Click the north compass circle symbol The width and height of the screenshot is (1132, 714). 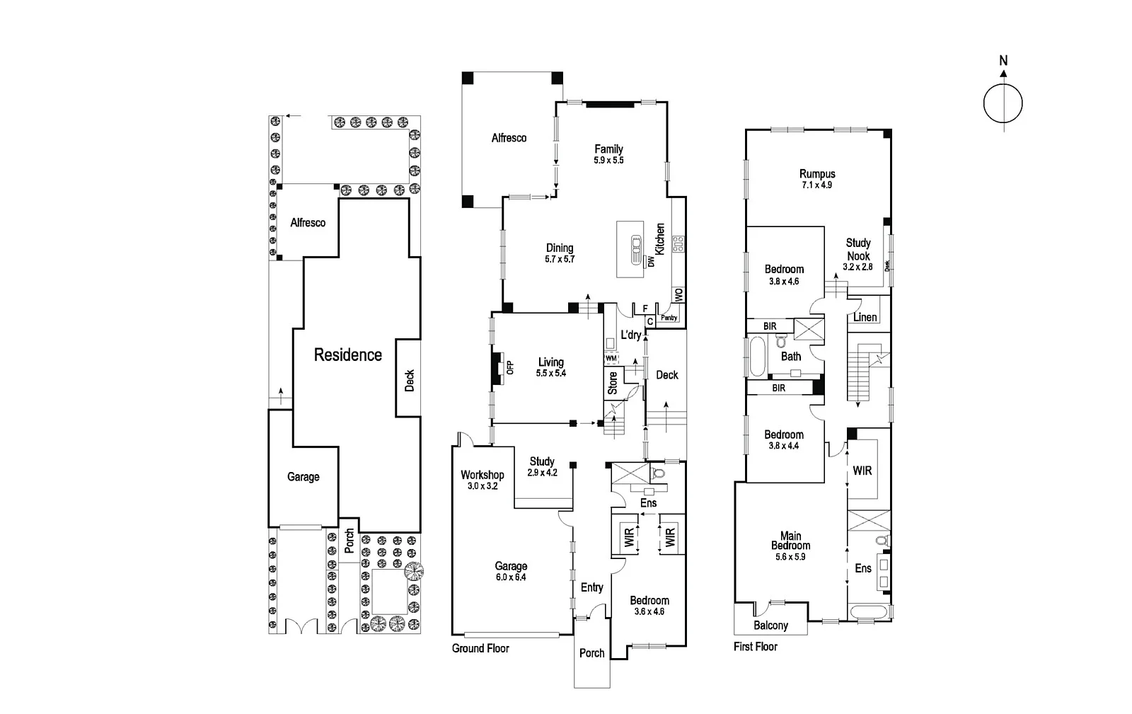(1003, 103)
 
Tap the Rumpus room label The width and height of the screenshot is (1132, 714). (817, 174)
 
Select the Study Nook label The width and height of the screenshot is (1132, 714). (858, 249)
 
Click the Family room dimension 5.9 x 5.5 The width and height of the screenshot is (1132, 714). (608, 161)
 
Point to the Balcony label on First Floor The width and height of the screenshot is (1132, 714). (770, 626)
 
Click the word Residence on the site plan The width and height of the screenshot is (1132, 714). (347, 355)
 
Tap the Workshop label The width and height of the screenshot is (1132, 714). (482, 475)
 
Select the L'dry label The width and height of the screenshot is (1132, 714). (630, 335)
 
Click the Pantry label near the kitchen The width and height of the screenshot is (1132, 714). (669, 318)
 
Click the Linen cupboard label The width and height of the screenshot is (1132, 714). (865, 317)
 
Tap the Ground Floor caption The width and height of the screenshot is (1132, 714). (480, 648)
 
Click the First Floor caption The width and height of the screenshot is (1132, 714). (756, 647)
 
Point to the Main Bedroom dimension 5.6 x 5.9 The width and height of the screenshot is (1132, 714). (790, 557)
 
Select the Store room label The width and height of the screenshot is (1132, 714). (613, 383)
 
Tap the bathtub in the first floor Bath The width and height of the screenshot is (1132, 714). (756, 356)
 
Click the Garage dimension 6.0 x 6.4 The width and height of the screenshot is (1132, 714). (511, 577)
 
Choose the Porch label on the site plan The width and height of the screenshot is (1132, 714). (349, 541)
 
